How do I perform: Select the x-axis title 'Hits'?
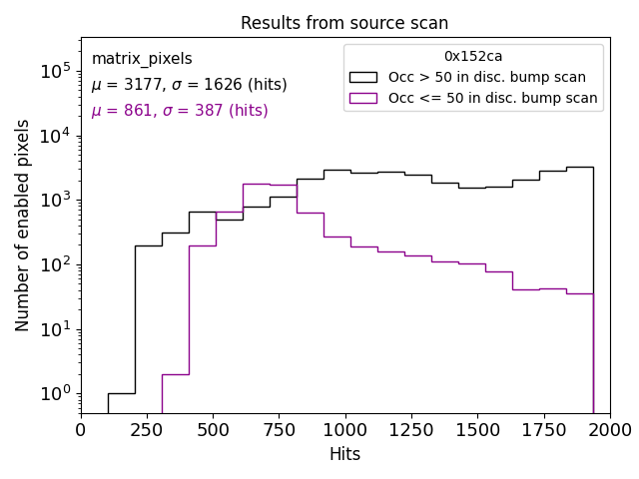point(344,454)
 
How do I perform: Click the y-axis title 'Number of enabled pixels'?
point(23,226)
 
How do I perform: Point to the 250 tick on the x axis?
point(147,430)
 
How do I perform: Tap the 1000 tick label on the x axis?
point(344,430)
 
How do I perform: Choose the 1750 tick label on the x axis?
point(543,430)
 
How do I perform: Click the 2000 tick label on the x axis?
point(609,430)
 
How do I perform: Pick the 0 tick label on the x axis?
point(81,430)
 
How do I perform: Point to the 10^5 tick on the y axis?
point(54,71)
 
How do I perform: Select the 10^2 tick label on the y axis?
point(54,265)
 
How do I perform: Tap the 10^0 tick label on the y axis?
point(54,394)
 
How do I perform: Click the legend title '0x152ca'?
point(473,57)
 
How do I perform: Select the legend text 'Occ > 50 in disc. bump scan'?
point(487,77)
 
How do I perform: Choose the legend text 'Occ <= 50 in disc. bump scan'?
point(492,98)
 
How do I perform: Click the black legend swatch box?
point(363,77)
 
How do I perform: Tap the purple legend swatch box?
point(363,98)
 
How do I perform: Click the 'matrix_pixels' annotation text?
point(142,59)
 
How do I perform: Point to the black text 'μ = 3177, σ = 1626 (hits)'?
point(189,85)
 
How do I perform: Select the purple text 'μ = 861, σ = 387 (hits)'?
point(180,111)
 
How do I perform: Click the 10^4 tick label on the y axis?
point(54,136)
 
